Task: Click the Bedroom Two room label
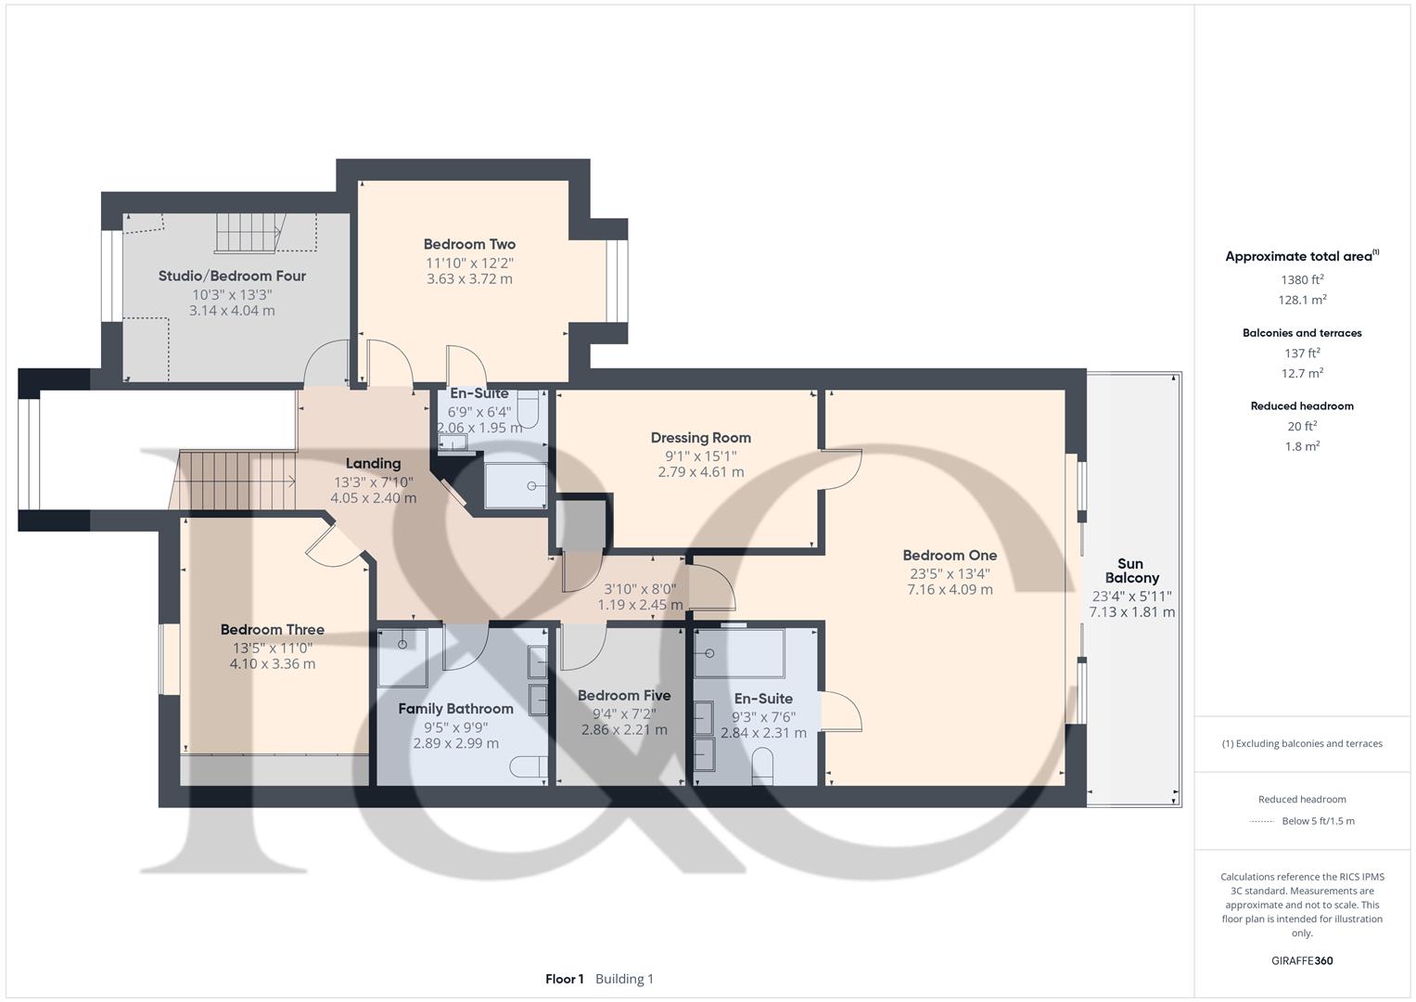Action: [469, 245]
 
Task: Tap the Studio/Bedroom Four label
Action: [232, 276]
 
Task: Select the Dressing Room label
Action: [700, 438]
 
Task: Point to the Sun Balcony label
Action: [1131, 571]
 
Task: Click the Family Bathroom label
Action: [455, 709]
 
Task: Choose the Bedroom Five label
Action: [623, 696]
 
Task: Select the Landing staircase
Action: [236, 480]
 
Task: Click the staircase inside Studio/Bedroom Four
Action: [248, 233]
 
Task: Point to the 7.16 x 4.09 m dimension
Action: [950, 590]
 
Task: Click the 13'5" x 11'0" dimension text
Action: [273, 648]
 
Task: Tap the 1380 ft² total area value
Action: [1302, 280]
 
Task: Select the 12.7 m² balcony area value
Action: [1302, 374]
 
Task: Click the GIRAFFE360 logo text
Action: [1302, 961]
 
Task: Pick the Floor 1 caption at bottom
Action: [564, 979]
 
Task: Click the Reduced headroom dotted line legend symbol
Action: [1262, 821]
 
